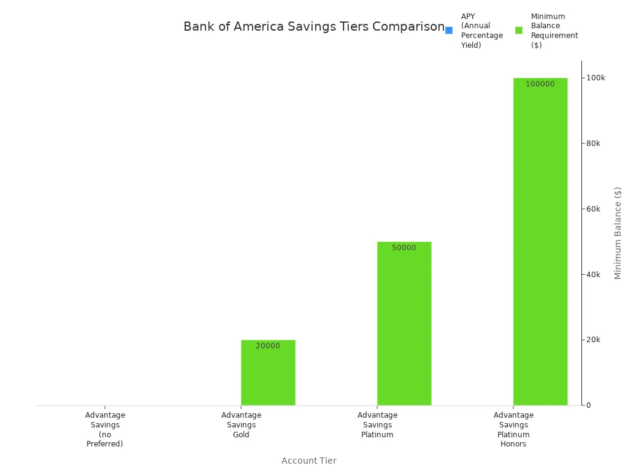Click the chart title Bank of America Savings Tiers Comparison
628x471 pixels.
[x=313, y=27]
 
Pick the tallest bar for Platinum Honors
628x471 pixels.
[x=540, y=245]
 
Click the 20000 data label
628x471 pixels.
[x=268, y=346]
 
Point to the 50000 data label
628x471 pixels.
[x=404, y=248]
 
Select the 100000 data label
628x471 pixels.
[x=540, y=84]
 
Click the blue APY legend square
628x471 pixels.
[x=449, y=31]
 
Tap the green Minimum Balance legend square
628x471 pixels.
[x=519, y=31]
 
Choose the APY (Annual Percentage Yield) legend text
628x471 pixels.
[x=481, y=31]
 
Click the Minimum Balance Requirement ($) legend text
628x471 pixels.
[x=554, y=31]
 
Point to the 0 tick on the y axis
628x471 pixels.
[x=588, y=405]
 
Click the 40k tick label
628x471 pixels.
[x=593, y=274]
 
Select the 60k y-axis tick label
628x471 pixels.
[x=593, y=209]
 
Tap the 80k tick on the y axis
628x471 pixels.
[x=593, y=144]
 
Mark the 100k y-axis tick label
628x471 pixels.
[x=595, y=78]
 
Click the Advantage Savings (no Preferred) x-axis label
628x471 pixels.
[x=105, y=429]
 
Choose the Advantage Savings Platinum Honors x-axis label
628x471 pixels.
[x=513, y=429]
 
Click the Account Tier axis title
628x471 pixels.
[x=308, y=461]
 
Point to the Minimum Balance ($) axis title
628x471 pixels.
[x=618, y=233]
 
